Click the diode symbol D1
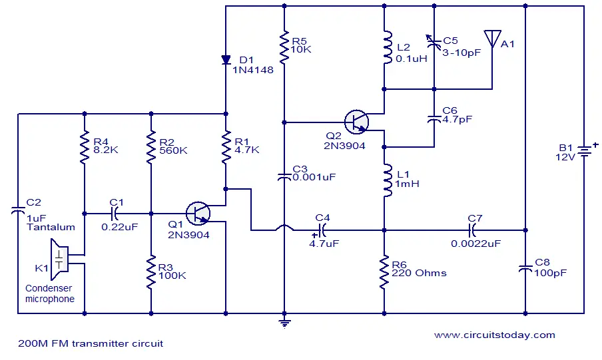pos(226,59)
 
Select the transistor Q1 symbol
pos(198,214)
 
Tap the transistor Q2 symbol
pos(356,122)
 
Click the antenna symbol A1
pos(492,39)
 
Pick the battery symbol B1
pos(584,151)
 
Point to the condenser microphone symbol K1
pos(59,260)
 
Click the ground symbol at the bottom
pos(284,324)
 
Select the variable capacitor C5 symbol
pos(434,43)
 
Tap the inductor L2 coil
pos(387,48)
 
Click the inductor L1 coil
pos(387,180)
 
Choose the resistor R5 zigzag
pos(284,48)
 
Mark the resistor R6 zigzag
pos(384,272)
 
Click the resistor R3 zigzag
pos(151,271)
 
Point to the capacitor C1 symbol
pos(115,214)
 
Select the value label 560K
pos(173,150)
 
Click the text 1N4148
pos(253,70)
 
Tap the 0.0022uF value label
pos(475,244)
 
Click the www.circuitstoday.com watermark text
pos(495,335)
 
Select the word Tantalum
pos(51,227)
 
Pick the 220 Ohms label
pos(419,273)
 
